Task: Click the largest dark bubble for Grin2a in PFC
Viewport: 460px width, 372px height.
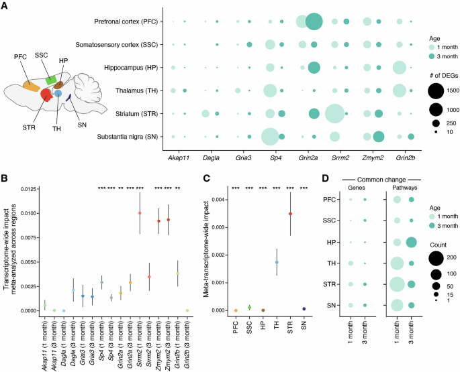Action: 313,22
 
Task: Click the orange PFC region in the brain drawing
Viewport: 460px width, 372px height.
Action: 32,86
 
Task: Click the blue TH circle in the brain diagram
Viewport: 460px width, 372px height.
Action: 58,94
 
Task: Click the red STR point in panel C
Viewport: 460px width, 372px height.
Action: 290,214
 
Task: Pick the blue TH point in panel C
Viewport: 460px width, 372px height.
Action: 276,263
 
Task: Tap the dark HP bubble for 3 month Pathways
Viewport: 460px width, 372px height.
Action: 410,242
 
